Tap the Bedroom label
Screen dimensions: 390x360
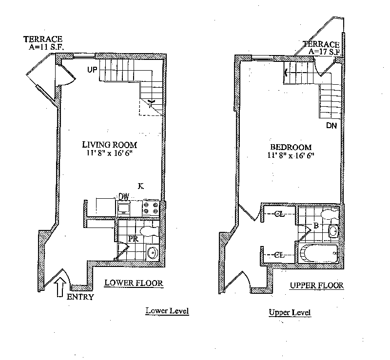pos(291,147)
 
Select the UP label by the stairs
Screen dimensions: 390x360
pos(93,70)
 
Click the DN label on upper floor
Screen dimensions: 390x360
pos(332,125)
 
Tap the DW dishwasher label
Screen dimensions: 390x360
pos(124,197)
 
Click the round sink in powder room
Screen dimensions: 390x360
pos(152,252)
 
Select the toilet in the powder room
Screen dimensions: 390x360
pos(148,230)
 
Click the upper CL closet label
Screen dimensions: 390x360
pos(279,213)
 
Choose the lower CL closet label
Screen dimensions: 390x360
pos(279,254)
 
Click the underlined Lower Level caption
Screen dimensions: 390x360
pos(167,311)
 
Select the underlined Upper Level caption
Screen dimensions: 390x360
pos(290,312)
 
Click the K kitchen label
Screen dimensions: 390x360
pos(140,186)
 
